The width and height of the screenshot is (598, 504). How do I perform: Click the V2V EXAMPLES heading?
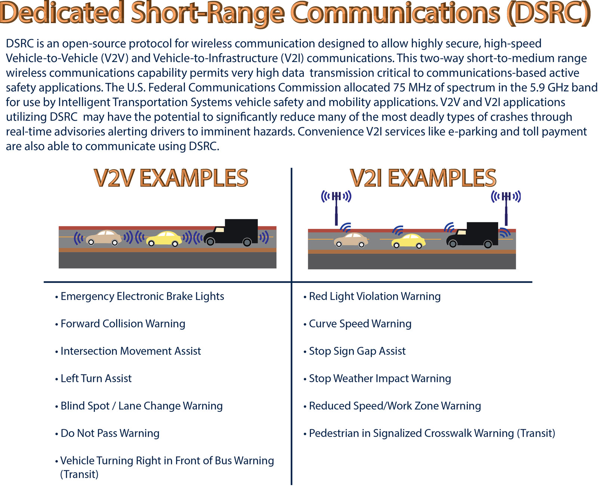coord(171,178)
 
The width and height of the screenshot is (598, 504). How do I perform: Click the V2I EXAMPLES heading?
coord(423,178)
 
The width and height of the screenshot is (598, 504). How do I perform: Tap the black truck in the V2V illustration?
coord(232,232)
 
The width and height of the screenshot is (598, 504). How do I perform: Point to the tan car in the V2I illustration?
coord(351,240)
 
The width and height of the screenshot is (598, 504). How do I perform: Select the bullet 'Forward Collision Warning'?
coord(120,324)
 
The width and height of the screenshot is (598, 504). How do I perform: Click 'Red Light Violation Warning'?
coord(372,296)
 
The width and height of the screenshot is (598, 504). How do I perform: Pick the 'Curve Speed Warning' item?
coord(357,324)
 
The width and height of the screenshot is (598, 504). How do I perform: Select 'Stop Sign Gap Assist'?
coord(354,351)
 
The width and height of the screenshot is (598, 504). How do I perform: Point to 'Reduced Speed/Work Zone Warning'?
coord(392,406)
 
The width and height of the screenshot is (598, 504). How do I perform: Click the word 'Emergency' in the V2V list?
coord(87,296)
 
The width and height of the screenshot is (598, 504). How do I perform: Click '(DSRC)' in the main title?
coord(549,13)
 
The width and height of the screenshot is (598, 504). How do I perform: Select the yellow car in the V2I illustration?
coord(409,240)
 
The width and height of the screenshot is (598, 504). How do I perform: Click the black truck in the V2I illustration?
coord(472,235)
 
